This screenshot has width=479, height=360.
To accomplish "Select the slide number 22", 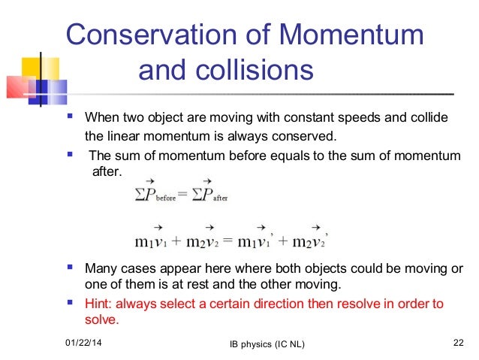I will pos(458,343).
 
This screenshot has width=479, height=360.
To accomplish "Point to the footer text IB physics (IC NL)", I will pos(261,344).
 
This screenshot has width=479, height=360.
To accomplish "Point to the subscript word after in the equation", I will pos(218,197).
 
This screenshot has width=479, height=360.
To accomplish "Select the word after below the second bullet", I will pos(105,171).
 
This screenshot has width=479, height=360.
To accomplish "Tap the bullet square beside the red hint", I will pos(70,304).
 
